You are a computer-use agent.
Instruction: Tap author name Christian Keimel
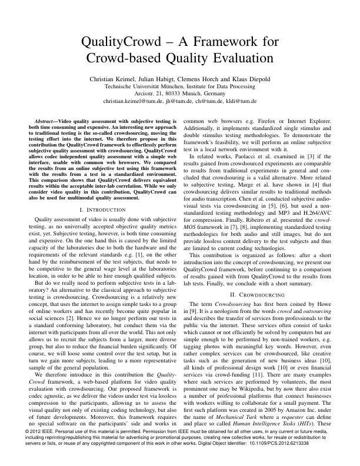116,78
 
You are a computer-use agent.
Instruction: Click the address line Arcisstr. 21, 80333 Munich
180,94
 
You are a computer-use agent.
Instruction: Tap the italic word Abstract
47,121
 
